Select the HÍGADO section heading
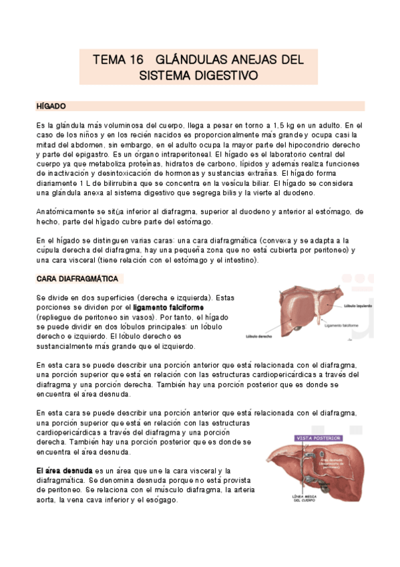click(50, 106)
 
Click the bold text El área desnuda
click(65, 471)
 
